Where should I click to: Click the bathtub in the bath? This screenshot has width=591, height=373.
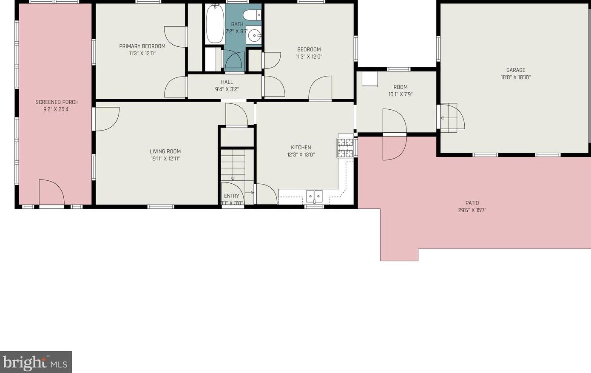tap(215, 24)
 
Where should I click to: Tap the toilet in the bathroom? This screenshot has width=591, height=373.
tap(252, 15)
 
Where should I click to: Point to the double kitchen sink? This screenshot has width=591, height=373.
tap(314, 196)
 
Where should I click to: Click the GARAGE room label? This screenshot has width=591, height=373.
tap(516, 70)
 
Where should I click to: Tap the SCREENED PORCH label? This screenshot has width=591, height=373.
tap(57, 102)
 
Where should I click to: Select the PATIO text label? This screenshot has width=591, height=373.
tap(472, 203)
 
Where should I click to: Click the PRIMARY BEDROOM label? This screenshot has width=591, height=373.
tap(142, 46)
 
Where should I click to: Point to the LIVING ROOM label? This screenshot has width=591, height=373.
tap(165, 151)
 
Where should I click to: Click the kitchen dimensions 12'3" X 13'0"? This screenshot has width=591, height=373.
tap(301, 155)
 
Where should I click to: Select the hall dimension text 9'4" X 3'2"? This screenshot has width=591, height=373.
tap(227, 89)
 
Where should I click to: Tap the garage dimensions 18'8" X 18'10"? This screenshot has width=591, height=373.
tap(516, 77)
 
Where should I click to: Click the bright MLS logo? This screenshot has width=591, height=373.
tap(36, 362)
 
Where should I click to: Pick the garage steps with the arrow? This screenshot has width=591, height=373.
tap(449, 118)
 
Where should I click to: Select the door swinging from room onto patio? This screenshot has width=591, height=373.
tap(395, 134)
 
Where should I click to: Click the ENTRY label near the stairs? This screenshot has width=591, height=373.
tap(231, 196)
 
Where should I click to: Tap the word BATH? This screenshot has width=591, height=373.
tap(237, 24)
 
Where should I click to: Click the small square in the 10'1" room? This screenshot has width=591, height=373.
tap(369, 79)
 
